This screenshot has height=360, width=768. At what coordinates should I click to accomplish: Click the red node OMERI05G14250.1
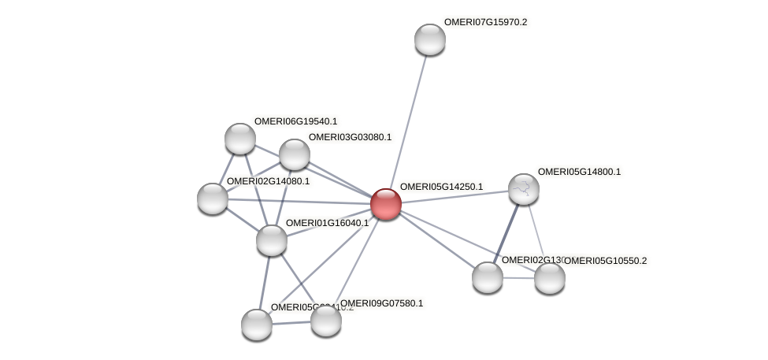tap(386, 203)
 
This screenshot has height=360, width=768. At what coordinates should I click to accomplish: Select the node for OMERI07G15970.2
tap(429, 39)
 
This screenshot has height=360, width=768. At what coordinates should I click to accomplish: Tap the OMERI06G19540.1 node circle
tap(239, 139)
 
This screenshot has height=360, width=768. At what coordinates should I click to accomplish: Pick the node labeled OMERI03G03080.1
tap(295, 154)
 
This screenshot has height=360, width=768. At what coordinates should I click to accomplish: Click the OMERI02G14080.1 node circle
tap(212, 198)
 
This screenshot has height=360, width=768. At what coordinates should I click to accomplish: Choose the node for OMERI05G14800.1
tap(523, 188)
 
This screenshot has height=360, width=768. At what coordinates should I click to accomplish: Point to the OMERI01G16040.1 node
tap(272, 239)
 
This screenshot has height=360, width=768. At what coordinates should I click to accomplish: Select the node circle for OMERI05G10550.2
tap(549, 277)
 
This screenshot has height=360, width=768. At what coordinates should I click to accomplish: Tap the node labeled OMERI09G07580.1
tap(325, 320)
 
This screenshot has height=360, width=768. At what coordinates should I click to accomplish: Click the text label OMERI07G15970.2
tap(485, 22)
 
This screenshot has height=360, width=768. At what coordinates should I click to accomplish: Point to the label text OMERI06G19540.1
tap(295, 121)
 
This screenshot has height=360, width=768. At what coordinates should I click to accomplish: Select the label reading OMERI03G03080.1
tap(350, 137)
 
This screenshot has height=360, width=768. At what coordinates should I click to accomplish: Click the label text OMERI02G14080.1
tap(268, 182)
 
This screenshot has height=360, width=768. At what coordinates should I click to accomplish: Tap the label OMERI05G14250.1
tap(441, 187)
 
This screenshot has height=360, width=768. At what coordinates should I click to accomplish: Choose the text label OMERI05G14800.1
tap(579, 172)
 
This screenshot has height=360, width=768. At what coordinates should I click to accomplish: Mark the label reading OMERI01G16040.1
tap(327, 223)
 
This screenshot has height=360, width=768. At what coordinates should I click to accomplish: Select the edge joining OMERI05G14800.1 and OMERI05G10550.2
tap(536, 233)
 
